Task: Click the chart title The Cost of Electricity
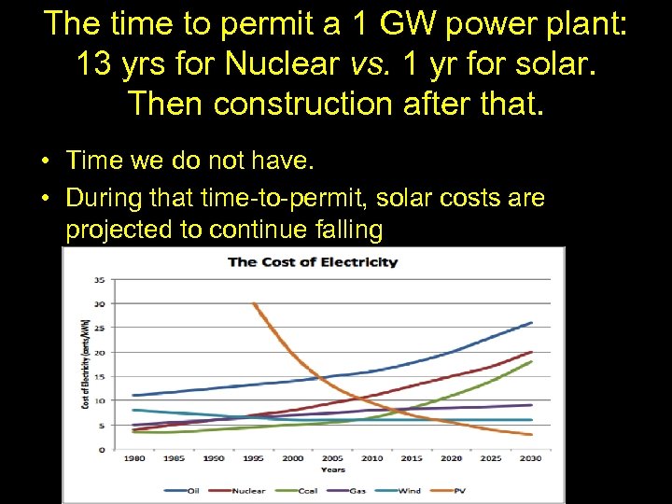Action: click(314, 261)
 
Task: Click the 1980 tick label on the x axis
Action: click(134, 458)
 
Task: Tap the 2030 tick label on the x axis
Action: click(531, 458)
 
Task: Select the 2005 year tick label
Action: click(333, 458)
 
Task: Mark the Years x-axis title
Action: click(333, 470)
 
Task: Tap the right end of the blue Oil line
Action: click(532, 323)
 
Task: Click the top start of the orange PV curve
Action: click(253, 303)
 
